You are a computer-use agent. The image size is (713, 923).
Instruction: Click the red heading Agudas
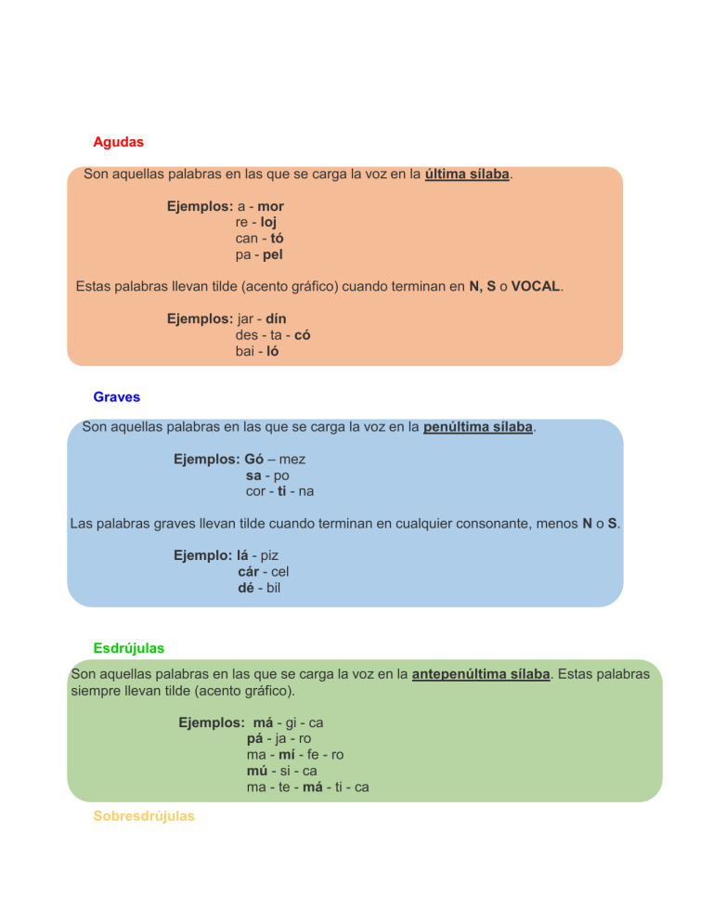(118, 143)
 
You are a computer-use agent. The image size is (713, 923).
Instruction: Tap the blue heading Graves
(117, 396)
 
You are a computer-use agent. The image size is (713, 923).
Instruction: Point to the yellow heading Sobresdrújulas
(144, 816)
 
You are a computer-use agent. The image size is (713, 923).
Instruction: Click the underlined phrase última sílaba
(467, 175)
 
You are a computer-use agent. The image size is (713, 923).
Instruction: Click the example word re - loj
(256, 222)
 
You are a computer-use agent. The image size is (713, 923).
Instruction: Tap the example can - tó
(259, 238)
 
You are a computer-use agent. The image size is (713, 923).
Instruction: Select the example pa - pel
(259, 254)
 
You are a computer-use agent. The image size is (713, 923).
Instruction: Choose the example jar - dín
(261, 318)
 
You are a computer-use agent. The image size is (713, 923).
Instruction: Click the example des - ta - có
(273, 335)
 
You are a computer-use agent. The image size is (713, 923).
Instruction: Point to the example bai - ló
(257, 352)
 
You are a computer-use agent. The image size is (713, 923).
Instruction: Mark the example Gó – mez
(275, 459)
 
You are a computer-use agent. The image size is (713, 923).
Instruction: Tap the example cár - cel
(264, 572)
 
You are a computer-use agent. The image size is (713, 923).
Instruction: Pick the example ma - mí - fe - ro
(295, 755)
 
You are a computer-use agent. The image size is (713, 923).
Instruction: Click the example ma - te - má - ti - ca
(308, 786)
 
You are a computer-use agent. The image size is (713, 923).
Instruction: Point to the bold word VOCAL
(535, 287)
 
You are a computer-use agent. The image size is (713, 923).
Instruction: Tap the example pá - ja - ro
(279, 738)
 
